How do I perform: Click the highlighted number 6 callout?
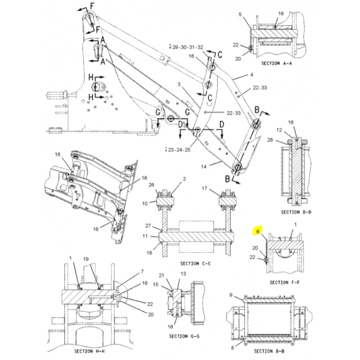click(x=258, y=231)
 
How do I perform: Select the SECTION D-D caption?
click(x=296, y=212)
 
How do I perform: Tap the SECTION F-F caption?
click(x=285, y=282)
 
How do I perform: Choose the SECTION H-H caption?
click(x=89, y=351)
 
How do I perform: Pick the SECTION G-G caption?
click(x=184, y=336)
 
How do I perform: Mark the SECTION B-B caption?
click(x=269, y=351)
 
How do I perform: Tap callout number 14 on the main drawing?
click(x=203, y=166)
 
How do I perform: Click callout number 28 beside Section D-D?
click(x=283, y=140)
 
